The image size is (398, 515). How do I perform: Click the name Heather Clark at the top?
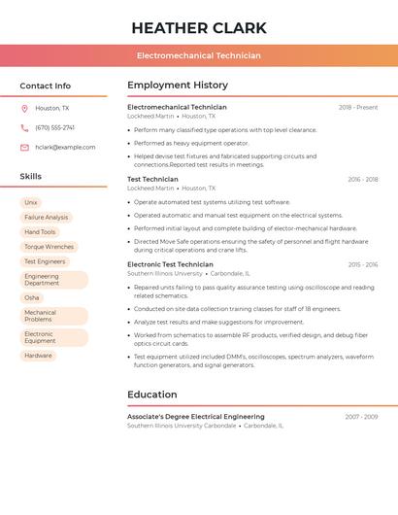tap(198, 27)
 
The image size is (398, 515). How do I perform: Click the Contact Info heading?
tap(46, 86)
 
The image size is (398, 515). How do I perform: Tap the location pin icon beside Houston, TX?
tap(24, 108)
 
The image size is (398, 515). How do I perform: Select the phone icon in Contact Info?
tap(24, 127)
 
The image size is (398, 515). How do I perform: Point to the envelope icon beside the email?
tap(24, 147)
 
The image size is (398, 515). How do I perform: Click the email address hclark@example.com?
tap(65, 147)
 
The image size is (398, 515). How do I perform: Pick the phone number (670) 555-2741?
tap(54, 127)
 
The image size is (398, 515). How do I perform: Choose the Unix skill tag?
tap(31, 202)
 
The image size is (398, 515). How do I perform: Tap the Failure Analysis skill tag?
tap(46, 217)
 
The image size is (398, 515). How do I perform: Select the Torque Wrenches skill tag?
tap(49, 247)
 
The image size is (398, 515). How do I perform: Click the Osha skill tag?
tap(32, 297)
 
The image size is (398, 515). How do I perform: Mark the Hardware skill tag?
tap(38, 356)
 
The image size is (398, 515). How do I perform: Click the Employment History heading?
tap(178, 85)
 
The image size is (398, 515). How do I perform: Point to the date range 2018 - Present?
tap(358, 107)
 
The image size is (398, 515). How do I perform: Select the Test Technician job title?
tap(152, 179)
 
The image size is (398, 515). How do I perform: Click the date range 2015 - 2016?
tap(363, 264)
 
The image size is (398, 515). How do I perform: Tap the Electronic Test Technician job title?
tap(170, 264)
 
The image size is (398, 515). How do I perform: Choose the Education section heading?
tap(152, 395)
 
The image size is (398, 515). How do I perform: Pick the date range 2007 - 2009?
tap(361, 416)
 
